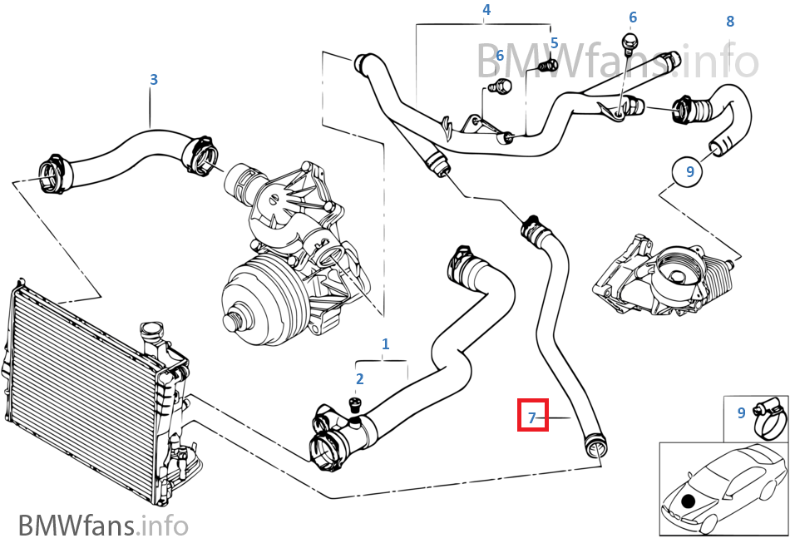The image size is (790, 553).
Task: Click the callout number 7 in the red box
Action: pyautogui.click(x=532, y=417)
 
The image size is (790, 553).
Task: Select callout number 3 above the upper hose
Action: pyautogui.click(x=154, y=80)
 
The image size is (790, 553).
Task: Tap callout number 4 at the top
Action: pyautogui.click(x=486, y=10)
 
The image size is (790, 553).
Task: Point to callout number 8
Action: pyautogui.click(x=730, y=21)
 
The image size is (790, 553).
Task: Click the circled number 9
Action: pyautogui.click(x=689, y=172)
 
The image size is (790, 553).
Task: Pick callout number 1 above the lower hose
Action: pyautogui.click(x=385, y=343)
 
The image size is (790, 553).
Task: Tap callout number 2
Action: pyautogui.click(x=359, y=379)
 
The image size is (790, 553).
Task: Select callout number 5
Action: pyautogui.click(x=554, y=43)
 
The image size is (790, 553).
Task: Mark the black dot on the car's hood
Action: pyautogui.click(x=689, y=501)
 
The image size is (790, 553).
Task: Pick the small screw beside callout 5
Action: pyautogui.click(x=546, y=64)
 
